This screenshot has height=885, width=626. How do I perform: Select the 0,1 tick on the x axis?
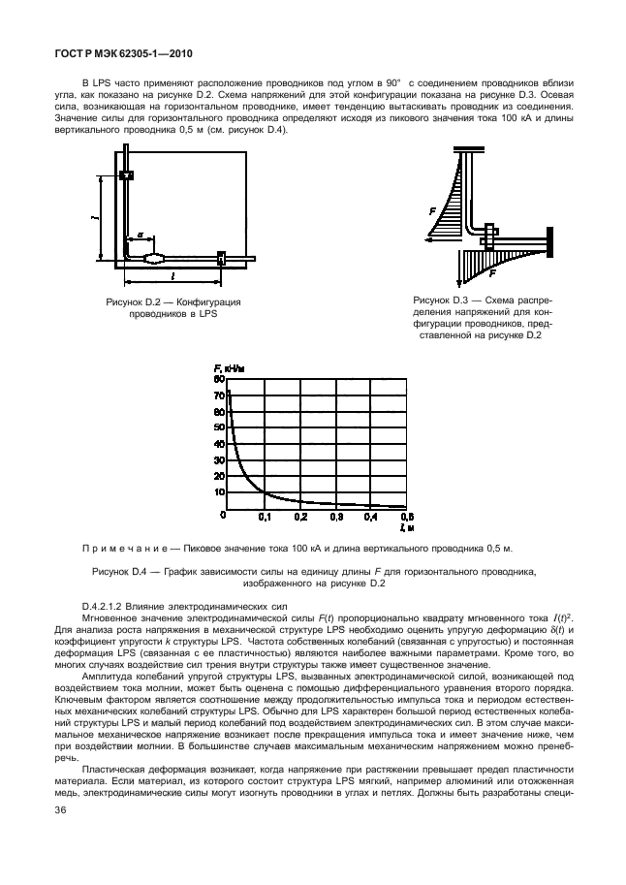point(263,518)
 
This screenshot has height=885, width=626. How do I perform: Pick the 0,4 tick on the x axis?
point(370,518)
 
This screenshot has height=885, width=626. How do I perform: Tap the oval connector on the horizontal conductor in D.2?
point(155,258)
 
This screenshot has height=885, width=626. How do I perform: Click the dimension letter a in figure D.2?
point(140,234)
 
